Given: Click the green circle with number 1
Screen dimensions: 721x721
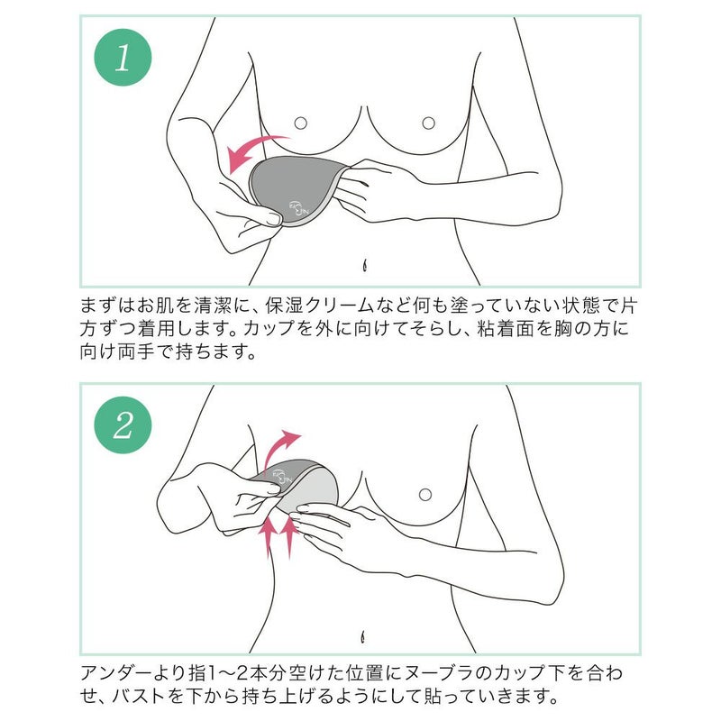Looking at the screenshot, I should click(x=123, y=59).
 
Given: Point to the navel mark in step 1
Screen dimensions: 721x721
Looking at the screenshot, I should click(x=366, y=266).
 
